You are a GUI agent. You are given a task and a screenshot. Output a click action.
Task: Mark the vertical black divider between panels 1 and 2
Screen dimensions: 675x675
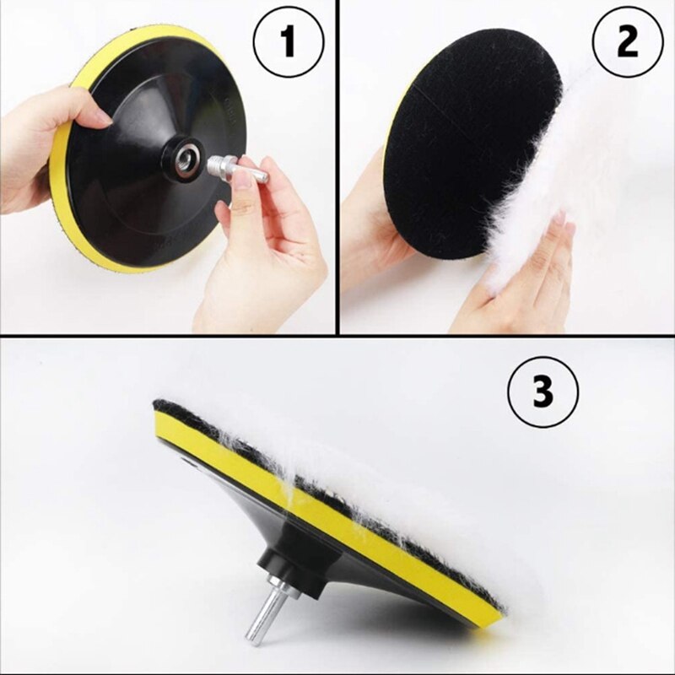(x=337, y=169)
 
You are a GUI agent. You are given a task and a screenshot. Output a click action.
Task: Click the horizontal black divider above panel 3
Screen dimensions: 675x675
(x=337, y=336)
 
